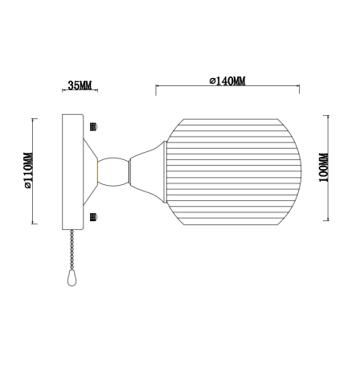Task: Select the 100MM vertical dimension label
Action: tap(323, 169)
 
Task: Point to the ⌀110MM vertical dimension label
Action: tap(28, 170)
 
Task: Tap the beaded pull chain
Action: tap(75, 246)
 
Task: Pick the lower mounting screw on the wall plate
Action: tap(93, 216)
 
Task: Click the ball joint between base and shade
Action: tap(113, 170)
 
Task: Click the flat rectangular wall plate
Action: tap(73, 170)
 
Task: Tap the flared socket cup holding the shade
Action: tap(149, 170)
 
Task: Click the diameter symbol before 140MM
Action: tap(210, 80)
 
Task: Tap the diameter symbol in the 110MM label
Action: tap(28, 187)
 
